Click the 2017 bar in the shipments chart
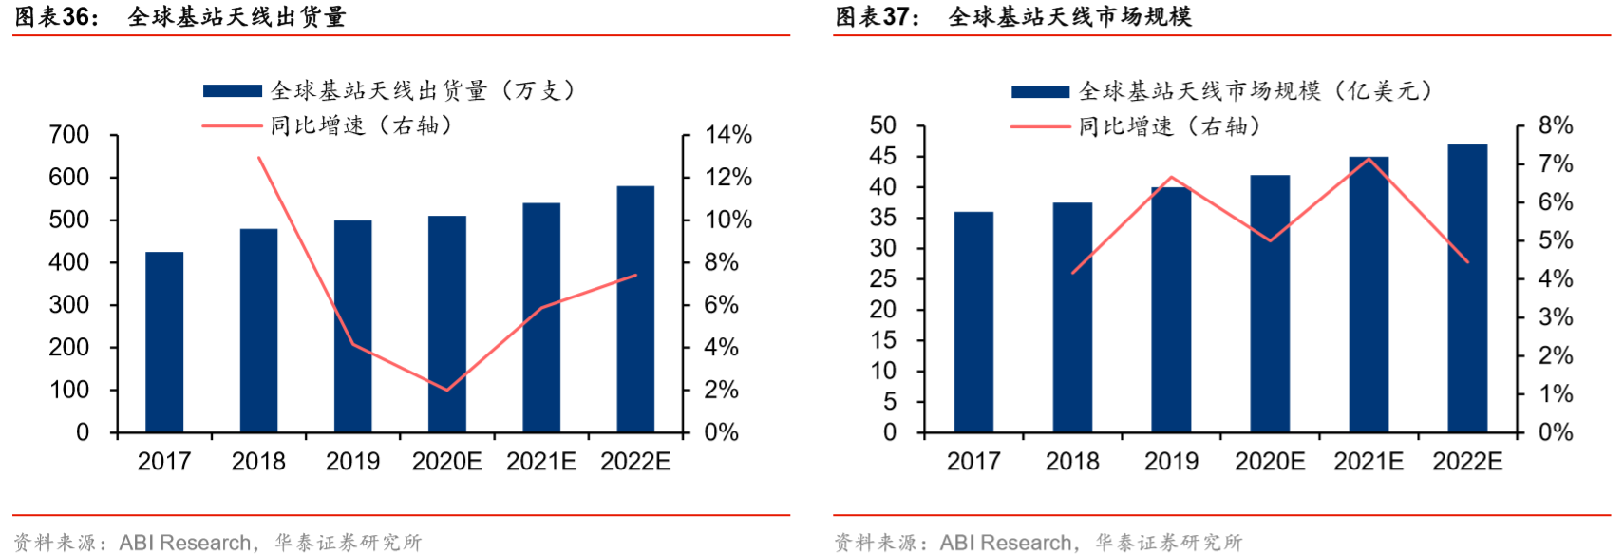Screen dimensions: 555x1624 click(164, 342)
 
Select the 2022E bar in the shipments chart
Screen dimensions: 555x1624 click(635, 309)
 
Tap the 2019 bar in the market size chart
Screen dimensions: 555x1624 click(1171, 310)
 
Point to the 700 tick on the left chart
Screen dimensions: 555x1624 click(69, 135)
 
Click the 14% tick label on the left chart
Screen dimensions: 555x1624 click(728, 135)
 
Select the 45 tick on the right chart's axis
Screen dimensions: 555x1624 click(883, 156)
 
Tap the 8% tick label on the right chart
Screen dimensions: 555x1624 click(1556, 125)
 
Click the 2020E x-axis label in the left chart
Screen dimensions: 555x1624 click(446, 462)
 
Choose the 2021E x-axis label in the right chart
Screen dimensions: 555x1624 click(1369, 462)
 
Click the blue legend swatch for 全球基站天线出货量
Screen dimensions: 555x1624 click(233, 91)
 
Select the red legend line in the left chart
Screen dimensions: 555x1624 click(233, 125)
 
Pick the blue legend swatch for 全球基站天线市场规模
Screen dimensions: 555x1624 click(1041, 91)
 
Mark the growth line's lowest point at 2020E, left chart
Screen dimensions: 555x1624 click(446, 390)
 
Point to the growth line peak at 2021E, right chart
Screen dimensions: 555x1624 click(1369, 158)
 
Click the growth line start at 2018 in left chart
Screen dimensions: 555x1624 click(258, 157)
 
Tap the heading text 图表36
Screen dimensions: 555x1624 click(55, 16)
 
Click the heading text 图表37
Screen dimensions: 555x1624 click(876, 16)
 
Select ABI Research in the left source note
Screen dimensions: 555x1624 click(185, 543)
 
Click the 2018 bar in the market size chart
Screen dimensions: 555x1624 click(1072, 317)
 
